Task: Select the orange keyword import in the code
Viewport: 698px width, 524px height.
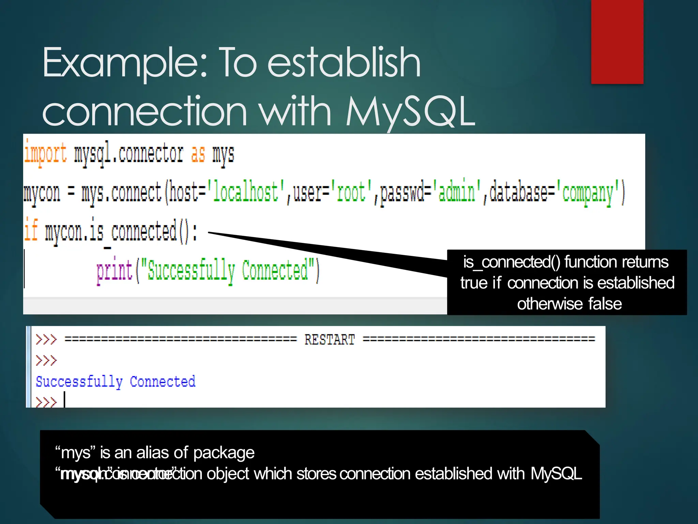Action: coord(46,154)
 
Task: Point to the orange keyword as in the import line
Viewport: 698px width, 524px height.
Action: coord(198,154)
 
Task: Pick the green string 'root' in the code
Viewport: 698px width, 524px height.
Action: coord(351,192)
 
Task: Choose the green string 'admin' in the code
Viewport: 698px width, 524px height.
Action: coord(457,192)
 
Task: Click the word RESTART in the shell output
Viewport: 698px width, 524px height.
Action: coord(330,340)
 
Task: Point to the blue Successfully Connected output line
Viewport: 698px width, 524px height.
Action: coord(116,381)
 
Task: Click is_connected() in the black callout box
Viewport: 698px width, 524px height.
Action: coord(511,262)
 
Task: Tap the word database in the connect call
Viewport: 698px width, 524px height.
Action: coord(518,192)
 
